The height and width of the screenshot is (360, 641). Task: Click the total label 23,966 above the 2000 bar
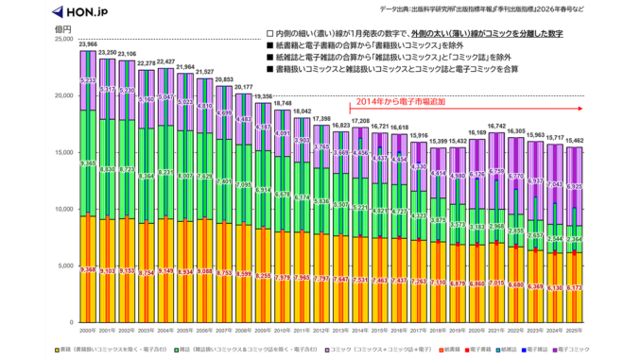coord(88,44)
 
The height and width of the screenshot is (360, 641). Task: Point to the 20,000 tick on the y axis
coord(63,95)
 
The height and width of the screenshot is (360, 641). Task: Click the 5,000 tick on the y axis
coord(66,266)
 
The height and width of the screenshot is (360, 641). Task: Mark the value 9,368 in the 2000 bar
coord(88,269)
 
